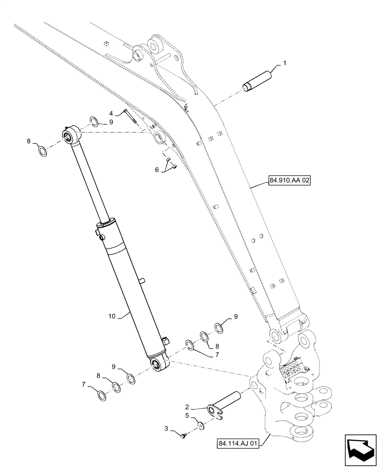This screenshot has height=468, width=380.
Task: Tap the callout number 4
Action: pos(111,113)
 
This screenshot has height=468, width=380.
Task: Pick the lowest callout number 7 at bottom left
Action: pos(84,385)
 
